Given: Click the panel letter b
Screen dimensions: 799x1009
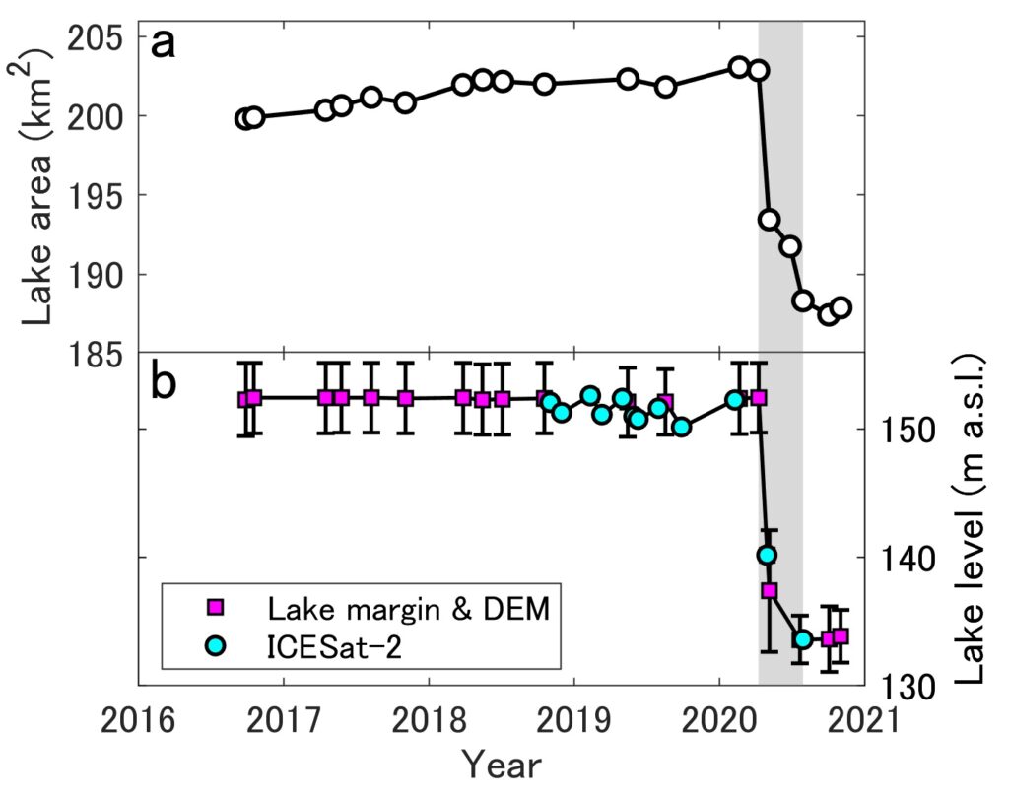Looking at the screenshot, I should pos(163,382).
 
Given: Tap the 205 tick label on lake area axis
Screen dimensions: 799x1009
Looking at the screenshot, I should pos(95,37).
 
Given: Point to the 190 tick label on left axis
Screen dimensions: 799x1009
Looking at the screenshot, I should pos(95,275).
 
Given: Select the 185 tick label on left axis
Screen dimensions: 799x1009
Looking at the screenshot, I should pos(95,354).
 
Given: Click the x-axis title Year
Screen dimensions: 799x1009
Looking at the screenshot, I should pos(502,766).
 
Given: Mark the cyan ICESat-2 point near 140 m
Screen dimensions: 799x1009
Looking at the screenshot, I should pos(767,556).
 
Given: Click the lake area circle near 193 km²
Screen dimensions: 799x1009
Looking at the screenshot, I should pos(769,220).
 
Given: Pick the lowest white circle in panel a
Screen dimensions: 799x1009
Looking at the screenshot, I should pos(829,314).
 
